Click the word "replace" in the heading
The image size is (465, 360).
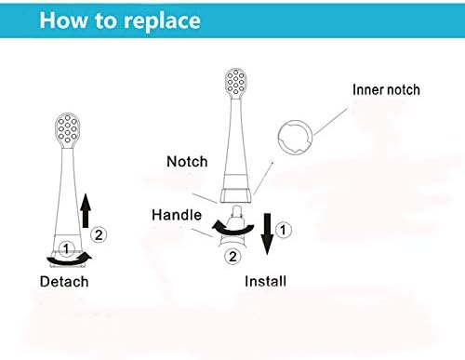[162, 21]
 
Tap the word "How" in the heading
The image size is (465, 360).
[63, 20]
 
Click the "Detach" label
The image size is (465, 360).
[64, 282]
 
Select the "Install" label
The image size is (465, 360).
[265, 281]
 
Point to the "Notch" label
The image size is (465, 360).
[187, 162]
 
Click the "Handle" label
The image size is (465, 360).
[177, 215]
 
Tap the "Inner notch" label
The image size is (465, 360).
[386, 90]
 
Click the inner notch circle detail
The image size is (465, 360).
[312, 137]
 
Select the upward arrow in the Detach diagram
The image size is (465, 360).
[86, 211]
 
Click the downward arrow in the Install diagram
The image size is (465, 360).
[267, 233]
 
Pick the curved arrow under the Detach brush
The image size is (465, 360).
[69, 261]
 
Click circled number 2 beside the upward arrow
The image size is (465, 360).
[99, 234]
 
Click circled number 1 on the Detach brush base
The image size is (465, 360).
[66, 248]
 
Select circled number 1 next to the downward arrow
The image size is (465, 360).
[283, 230]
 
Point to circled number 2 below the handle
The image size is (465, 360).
[232, 257]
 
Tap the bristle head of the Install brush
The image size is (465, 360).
[236, 82]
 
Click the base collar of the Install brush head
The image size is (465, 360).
[236, 195]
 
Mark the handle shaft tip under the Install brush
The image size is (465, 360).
[236, 211]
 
